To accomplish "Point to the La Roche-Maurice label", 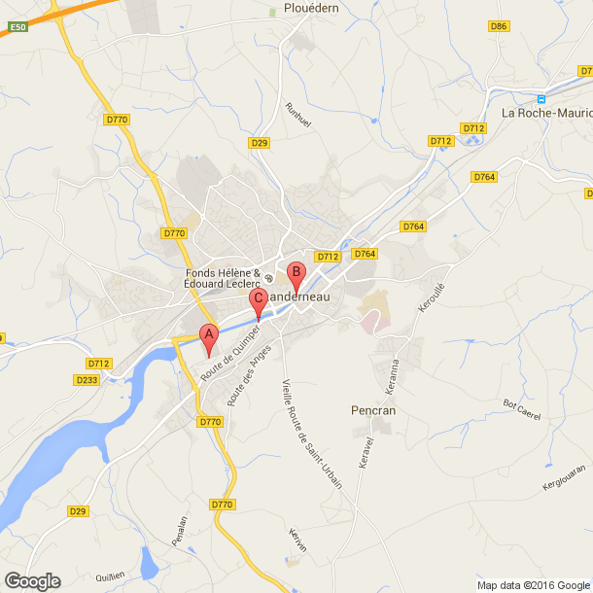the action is (545, 113).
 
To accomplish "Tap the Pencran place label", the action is (373, 411).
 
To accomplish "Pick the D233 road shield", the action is (88, 379).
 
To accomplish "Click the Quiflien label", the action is (112, 576).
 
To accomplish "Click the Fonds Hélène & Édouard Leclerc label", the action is (224, 278).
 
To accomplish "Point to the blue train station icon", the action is (542, 98).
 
